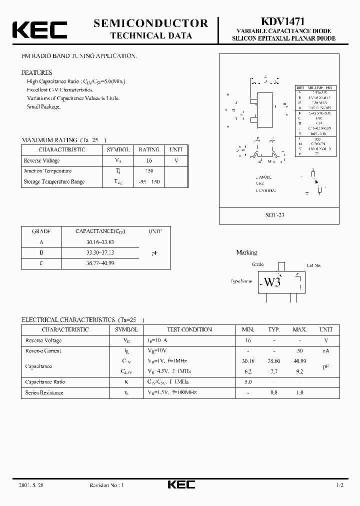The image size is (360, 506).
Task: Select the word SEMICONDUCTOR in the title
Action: (150, 23)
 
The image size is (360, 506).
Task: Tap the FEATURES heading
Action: (36, 72)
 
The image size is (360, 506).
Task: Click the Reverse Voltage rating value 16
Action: (148, 160)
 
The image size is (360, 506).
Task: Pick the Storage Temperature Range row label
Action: (54, 182)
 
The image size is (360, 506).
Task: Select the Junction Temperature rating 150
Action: (148, 171)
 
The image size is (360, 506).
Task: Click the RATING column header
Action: (149, 149)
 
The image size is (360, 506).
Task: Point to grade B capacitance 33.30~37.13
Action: (100, 252)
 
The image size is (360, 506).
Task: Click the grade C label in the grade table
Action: (40, 263)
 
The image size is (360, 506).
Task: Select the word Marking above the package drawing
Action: (246, 252)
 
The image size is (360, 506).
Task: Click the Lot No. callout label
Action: (314, 265)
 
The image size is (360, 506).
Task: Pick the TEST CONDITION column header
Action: (189, 329)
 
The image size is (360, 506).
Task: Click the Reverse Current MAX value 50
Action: (299, 351)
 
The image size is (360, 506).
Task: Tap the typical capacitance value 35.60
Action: (273, 361)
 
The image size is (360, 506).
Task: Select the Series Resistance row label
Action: (44, 392)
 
